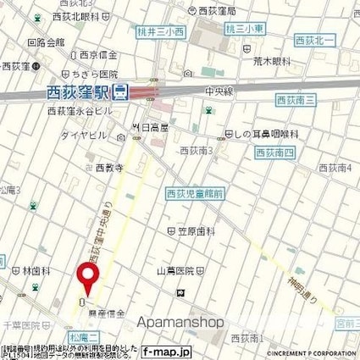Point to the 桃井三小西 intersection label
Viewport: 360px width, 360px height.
click(x=160, y=31)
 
